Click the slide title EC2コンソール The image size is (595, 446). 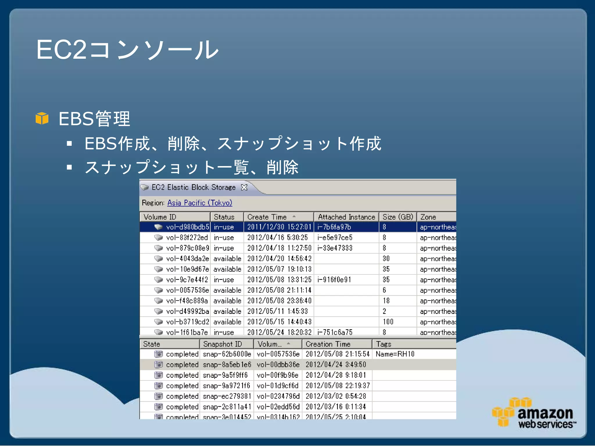(x=127, y=50)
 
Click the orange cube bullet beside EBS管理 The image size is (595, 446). (x=42, y=118)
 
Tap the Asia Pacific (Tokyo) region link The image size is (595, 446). (x=200, y=203)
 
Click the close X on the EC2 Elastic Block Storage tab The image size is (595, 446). (x=244, y=187)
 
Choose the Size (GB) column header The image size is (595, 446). (x=397, y=217)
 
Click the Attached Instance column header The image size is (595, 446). (x=346, y=217)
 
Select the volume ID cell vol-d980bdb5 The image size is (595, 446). (x=187, y=227)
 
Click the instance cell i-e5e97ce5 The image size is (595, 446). (x=335, y=238)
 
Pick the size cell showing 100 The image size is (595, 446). (x=388, y=322)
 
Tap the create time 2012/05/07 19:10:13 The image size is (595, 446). (x=279, y=269)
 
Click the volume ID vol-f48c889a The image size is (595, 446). (x=187, y=301)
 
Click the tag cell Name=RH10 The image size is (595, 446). (x=395, y=354)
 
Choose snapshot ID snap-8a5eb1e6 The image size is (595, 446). (x=227, y=365)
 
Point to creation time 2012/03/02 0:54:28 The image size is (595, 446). (x=336, y=396)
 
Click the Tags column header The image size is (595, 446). (x=383, y=344)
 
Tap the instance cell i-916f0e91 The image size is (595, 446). (x=334, y=280)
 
